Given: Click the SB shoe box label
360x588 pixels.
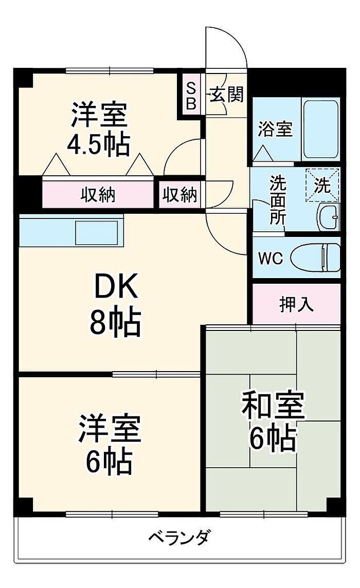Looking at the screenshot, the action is [191, 97].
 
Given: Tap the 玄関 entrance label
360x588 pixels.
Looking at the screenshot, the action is [226, 94].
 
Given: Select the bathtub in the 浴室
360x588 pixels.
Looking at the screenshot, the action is [321, 128].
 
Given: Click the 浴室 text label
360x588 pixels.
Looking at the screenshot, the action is [275, 130].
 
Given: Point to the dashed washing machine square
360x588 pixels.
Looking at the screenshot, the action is [322, 185].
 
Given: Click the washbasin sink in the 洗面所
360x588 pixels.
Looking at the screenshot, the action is [328, 217].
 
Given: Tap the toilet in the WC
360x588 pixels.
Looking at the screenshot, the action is [315, 257].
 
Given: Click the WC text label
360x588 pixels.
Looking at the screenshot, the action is [271, 259].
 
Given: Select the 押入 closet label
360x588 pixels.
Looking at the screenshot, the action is [297, 304].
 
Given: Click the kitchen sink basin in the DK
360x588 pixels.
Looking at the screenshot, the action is [97, 233].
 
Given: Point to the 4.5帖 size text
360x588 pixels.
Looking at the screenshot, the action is [98, 145].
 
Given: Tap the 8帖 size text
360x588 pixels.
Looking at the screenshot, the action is [115, 322].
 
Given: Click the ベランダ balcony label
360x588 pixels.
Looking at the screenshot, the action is [179, 538].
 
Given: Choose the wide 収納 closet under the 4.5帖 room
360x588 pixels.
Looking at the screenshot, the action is [98, 195].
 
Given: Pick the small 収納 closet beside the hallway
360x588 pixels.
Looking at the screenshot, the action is [180, 195].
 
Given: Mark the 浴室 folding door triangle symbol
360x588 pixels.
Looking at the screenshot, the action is [263, 153].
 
